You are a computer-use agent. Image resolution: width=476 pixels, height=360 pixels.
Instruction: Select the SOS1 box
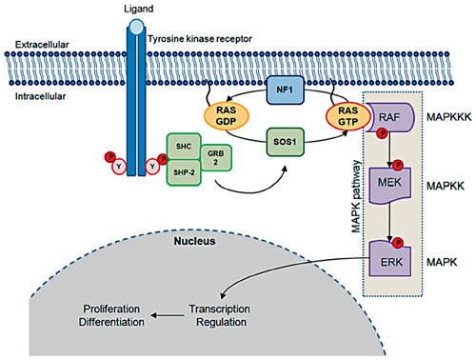(x=283, y=143)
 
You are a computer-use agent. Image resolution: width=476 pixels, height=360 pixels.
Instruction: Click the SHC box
(x=185, y=143)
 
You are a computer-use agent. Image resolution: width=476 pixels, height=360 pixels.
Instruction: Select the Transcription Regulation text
(x=224, y=314)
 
